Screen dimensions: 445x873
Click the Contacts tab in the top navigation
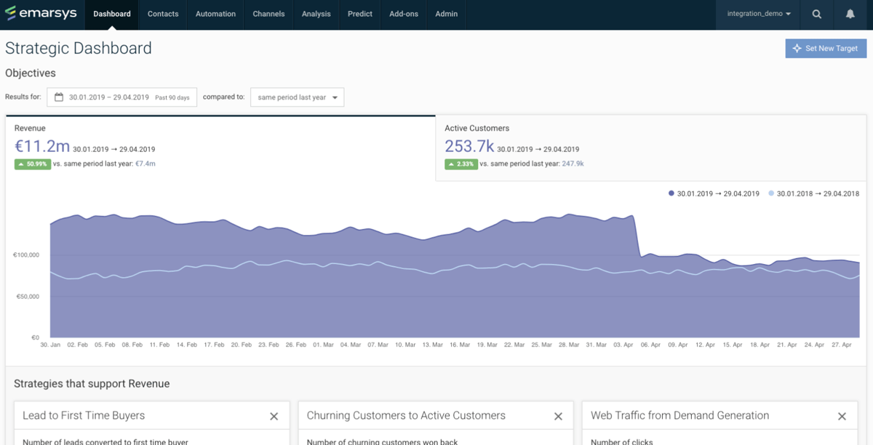(x=163, y=14)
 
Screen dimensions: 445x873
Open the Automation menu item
(x=215, y=14)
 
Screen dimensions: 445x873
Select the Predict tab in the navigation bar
(x=360, y=14)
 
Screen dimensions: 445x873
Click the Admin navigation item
(x=447, y=14)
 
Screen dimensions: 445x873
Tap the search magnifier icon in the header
(x=817, y=14)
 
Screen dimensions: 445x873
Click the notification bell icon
(x=850, y=14)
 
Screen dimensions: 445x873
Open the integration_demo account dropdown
(x=759, y=14)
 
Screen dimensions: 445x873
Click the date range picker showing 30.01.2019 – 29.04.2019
(x=122, y=97)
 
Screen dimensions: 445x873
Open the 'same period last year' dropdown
(x=297, y=97)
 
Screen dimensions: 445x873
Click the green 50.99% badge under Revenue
(x=32, y=164)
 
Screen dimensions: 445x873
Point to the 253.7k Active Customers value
(x=469, y=146)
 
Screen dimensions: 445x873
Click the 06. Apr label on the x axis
(x=650, y=345)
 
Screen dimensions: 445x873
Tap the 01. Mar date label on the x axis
(x=324, y=345)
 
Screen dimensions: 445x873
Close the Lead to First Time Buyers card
(x=274, y=417)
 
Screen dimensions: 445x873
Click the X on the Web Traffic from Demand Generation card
(x=842, y=417)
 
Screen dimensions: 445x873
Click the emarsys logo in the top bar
(x=40, y=14)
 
